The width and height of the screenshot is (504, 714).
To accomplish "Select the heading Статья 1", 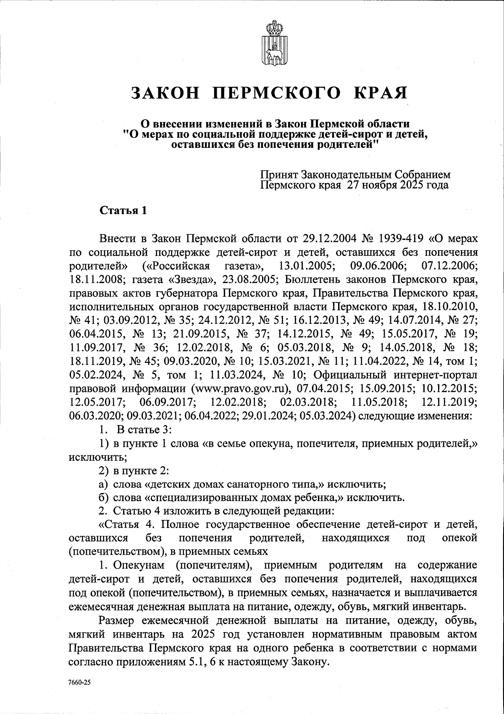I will coord(122,211).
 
